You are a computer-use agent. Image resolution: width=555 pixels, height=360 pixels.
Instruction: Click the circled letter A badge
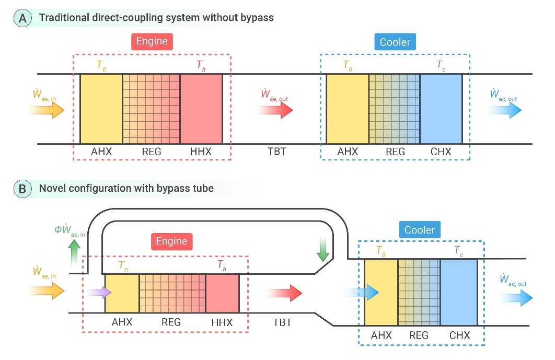[x=23, y=17]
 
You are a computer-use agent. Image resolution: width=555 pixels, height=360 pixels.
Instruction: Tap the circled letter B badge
[x=23, y=189]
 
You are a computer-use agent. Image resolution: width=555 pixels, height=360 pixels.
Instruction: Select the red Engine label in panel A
[x=152, y=42]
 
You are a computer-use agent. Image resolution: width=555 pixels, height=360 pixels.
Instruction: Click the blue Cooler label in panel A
[x=395, y=42]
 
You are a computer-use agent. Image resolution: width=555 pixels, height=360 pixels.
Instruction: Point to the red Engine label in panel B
[x=172, y=241]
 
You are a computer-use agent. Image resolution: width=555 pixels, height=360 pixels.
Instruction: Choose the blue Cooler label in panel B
[x=420, y=230]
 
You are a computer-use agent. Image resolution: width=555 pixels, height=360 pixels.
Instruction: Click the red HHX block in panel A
[x=201, y=109]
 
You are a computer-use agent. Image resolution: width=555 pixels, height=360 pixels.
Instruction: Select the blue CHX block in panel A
[x=441, y=109]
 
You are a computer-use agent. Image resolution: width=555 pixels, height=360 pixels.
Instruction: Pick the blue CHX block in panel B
[x=459, y=293]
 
